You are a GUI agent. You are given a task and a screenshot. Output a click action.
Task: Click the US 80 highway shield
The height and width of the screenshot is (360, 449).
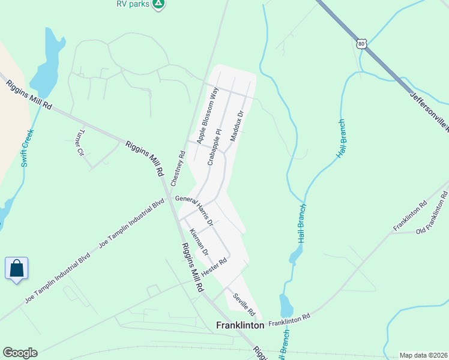[361, 44]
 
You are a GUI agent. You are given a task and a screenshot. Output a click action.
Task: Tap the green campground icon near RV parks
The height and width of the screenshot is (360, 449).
[158, 4]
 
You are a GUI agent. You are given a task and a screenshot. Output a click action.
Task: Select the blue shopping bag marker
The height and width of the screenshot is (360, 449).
[17, 268]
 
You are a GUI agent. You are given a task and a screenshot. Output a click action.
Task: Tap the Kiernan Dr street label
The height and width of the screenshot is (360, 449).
[199, 242]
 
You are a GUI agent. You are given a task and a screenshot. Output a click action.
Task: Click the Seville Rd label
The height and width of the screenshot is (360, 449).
[244, 304]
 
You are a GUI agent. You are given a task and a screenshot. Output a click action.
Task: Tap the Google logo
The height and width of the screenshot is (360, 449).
[20, 353]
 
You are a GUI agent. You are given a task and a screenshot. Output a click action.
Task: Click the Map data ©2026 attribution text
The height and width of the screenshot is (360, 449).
[423, 355]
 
